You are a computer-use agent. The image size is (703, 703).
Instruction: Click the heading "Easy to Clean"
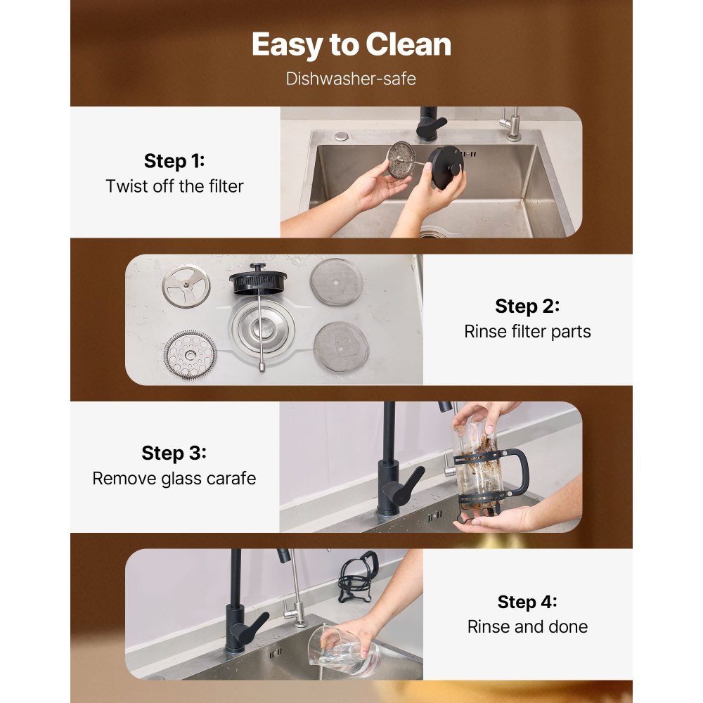[x=351, y=44]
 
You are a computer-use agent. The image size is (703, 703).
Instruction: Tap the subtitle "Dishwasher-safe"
[x=351, y=79]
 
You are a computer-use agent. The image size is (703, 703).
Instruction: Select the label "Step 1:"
[x=174, y=161]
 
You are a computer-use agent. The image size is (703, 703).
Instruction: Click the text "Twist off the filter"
[x=174, y=186]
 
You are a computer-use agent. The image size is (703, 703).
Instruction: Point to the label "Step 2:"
[x=527, y=307]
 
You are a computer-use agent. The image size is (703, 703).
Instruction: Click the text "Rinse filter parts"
[x=527, y=331]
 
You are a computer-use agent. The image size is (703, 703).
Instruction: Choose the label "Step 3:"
[x=174, y=453]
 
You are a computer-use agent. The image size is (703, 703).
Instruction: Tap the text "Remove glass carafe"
[x=174, y=478]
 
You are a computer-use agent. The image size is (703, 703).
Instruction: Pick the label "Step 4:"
[x=527, y=602]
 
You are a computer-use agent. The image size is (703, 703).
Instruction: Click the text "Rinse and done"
[x=527, y=626]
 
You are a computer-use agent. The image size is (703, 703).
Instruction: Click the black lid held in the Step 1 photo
[x=445, y=167]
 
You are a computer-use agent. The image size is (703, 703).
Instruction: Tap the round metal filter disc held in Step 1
[x=401, y=160]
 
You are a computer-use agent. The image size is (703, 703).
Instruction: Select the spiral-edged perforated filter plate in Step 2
[x=190, y=355]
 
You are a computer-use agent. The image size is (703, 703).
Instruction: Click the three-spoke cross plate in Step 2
[x=186, y=287]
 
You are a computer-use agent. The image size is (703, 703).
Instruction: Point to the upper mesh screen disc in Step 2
[x=336, y=282]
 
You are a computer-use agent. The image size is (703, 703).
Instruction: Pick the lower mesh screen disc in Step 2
[x=341, y=347]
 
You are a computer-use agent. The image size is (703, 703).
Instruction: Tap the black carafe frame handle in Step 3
[x=516, y=472]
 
